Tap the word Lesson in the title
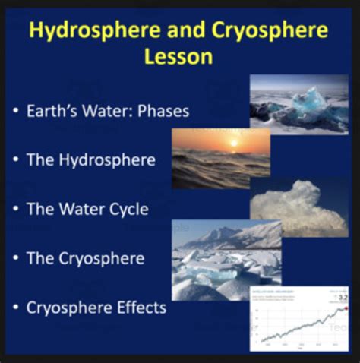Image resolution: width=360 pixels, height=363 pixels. (x=180, y=58)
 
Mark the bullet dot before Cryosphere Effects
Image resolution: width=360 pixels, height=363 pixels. (x=17, y=309)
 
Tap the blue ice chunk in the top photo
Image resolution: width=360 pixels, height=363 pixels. (x=309, y=102)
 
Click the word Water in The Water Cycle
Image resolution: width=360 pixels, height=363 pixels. (x=84, y=210)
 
